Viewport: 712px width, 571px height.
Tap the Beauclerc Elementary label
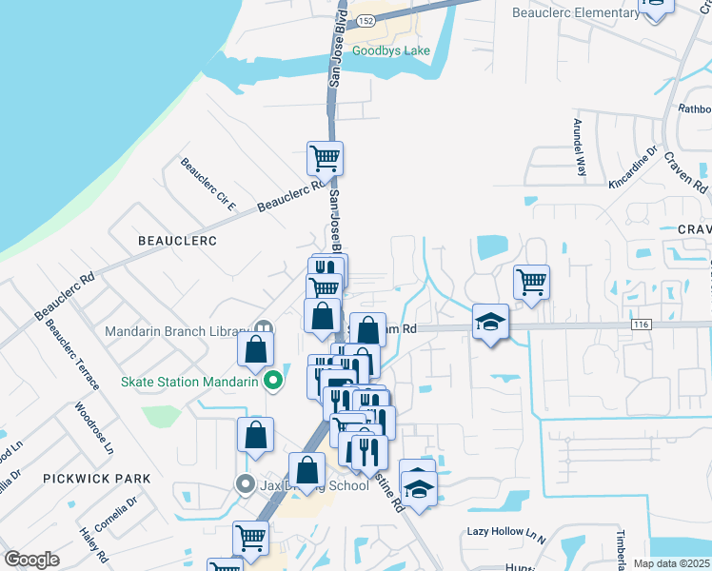pyautogui.click(x=576, y=12)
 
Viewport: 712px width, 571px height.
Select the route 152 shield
pyautogui.click(x=366, y=20)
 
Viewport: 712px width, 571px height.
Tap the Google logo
pyautogui.click(x=31, y=559)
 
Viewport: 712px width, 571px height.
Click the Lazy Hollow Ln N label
pyautogui.click(x=505, y=533)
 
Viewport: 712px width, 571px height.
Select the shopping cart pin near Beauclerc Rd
pyautogui.click(x=325, y=159)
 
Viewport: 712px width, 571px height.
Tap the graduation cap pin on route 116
pyautogui.click(x=491, y=322)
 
